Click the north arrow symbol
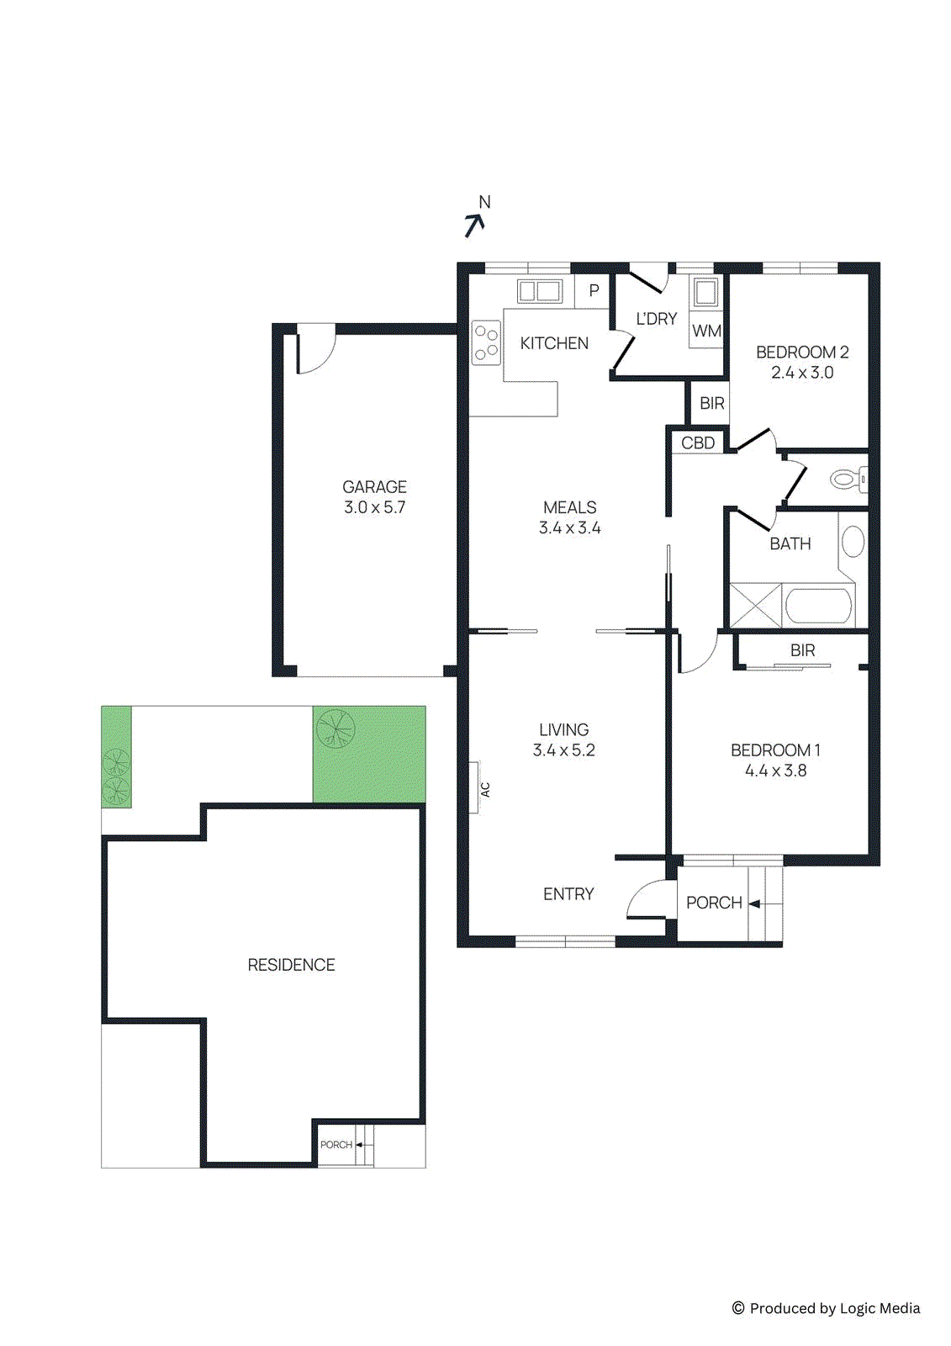click(475, 224)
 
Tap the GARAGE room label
click(374, 487)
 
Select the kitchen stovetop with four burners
click(486, 342)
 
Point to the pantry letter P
click(594, 291)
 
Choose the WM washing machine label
click(706, 331)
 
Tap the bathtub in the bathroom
click(818, 605)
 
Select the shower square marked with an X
click(755, 605)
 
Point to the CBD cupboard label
click(698, 442)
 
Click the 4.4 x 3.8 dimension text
click(775, 771)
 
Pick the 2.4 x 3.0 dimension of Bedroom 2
click(802, 373)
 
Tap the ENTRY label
click(568, 894)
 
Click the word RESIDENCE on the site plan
click(291, 965)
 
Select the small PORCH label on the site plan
click(335, 1145)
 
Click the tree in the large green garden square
click(335, 729)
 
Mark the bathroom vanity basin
click(853, 542)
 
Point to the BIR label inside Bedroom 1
click(802, 650)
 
